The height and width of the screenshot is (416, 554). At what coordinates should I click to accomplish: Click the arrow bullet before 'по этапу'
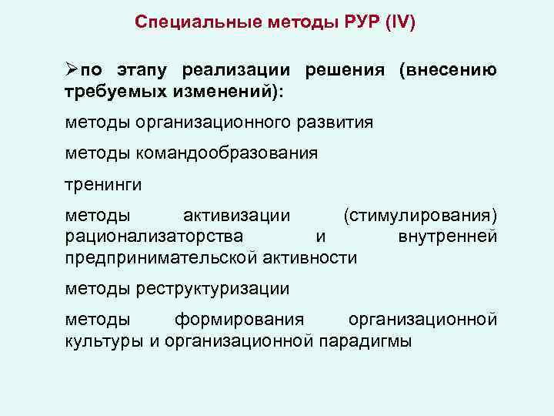(72, 70)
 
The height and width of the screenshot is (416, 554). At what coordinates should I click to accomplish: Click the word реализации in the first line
(235, 71)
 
